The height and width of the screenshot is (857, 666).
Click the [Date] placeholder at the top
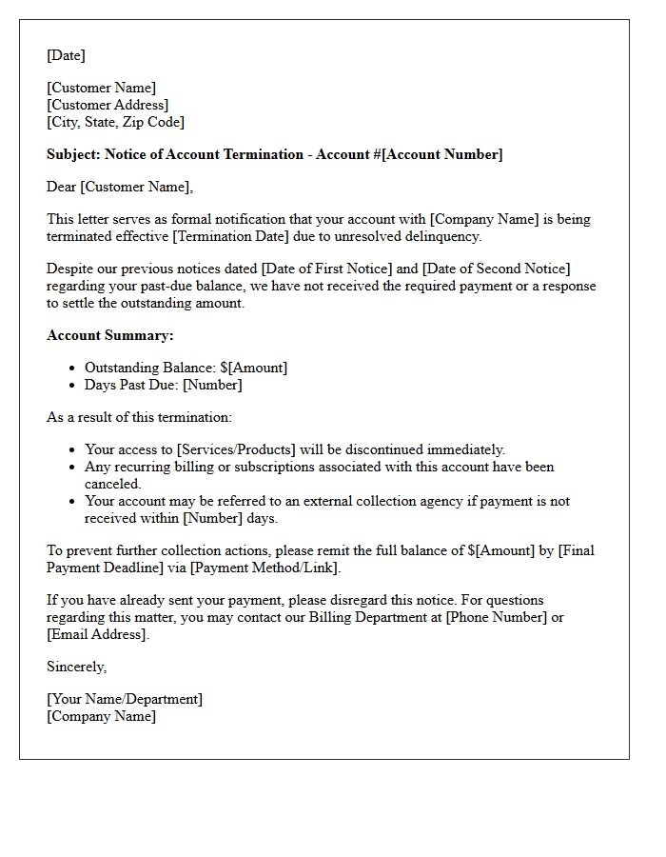(x=66, y=55)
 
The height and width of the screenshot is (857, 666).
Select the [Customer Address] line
(x=108, y=105)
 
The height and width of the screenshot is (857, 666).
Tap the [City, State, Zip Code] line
(x=115, y=122)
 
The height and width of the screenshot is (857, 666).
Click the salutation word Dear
(x=62, y=187)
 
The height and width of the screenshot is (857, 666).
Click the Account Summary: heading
(x=110, y=335)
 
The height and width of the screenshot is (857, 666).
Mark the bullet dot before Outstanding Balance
(x=73, y=368)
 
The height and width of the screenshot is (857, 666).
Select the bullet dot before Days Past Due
(x=73, y=385)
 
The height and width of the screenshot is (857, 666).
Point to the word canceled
(x=112, y=484)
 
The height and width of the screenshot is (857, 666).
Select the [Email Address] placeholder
(x=96, y=634)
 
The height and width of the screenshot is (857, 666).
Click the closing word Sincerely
(x=76, y=667)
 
